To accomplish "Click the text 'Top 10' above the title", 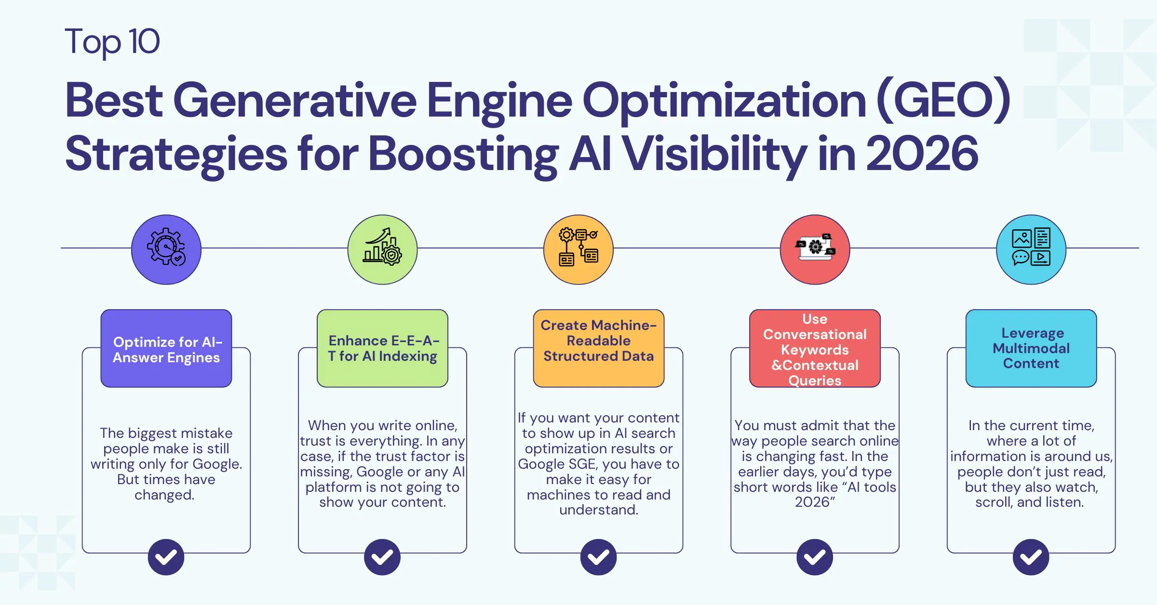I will (112, 41).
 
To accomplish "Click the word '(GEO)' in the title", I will (943, 100).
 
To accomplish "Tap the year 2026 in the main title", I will (922, 154).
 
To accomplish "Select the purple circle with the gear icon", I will (166, 250).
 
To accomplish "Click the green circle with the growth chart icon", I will (382, 250).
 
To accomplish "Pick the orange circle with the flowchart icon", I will (578, 250).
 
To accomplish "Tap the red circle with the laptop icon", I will (815, 250).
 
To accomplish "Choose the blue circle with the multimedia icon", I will (1031, 250).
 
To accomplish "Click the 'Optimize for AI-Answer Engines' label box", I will (166, 349).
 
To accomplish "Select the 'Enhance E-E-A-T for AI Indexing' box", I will (382, 349).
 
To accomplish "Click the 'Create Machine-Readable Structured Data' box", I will (598, 349).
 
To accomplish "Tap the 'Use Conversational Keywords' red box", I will (815, 349).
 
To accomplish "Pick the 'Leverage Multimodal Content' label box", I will (1031, 349).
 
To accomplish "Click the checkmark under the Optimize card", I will (166, 557).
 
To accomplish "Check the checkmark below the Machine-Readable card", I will (598, 557).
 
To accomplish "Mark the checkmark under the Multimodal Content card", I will (1031, 557).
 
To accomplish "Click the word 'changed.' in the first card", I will (164, 495).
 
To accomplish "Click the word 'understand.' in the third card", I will (598, 510).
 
